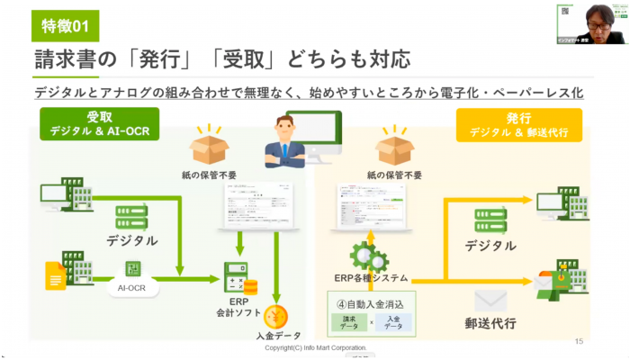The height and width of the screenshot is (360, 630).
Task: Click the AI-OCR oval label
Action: pos(133,289)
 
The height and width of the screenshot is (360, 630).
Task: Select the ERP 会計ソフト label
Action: pos(238,306)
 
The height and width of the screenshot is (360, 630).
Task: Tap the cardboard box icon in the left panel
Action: pos(208,145)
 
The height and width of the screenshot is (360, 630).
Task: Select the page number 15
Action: pos(579,341)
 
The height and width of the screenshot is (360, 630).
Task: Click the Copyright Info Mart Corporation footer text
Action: pos(315,347)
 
